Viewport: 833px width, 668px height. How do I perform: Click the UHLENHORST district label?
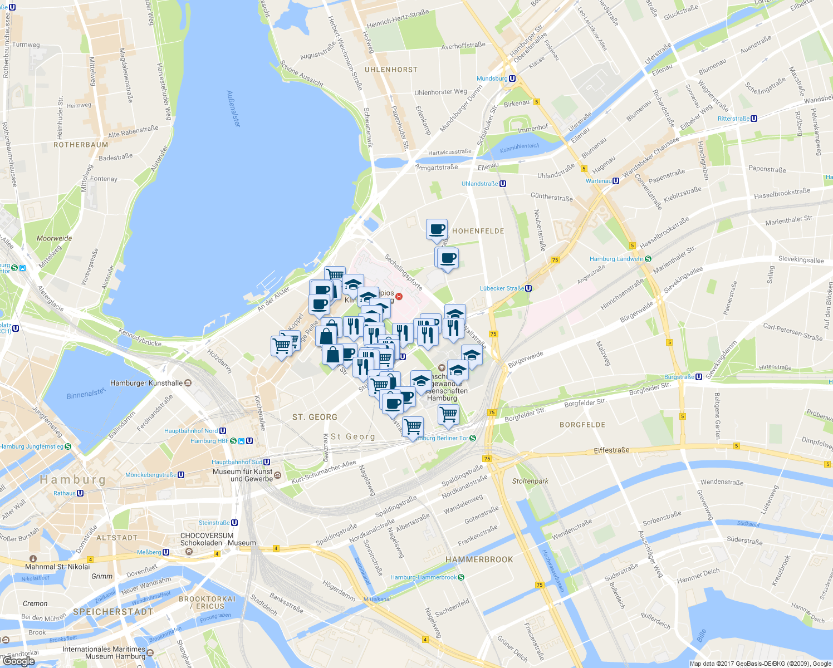tap(391, 70)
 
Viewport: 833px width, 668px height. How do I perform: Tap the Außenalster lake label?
tap(234, 109)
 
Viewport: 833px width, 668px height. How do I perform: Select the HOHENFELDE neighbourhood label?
tap(478, 231)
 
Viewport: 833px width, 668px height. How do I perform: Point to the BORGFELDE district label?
tap(582, 425)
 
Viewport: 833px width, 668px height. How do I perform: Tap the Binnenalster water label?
tap(86, 394)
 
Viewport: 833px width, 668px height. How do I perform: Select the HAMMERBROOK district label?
tap(479, 559)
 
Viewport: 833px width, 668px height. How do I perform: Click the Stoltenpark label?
tap(530, 481)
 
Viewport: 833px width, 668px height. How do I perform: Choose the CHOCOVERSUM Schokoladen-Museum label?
tap(218, 539)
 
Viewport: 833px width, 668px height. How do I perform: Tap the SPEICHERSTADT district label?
tap(113, 612)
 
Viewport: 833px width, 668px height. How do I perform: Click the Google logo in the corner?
tap(18, 661)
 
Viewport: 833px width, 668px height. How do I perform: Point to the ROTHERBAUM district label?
tap(81, 145)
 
